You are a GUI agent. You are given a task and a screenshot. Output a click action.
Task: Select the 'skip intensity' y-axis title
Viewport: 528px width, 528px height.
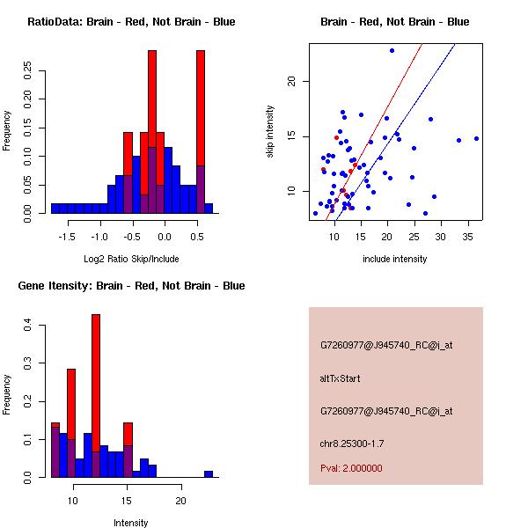click(x=270, y=132)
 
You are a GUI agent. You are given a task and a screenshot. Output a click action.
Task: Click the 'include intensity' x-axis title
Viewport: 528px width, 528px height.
click(x=394, y=259)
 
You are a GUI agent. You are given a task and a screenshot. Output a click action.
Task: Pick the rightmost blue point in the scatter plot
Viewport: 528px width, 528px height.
click(x=476, y=138)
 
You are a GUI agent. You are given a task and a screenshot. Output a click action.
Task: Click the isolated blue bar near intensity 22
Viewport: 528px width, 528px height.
click(x=209, y=473)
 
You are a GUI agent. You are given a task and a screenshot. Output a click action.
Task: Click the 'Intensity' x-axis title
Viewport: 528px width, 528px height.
click(x=131, y=523)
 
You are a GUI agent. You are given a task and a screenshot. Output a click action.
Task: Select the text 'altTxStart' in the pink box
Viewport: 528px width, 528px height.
click(x=341, y=378)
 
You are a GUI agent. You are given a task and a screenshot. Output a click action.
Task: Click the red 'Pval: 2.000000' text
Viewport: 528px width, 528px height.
click(x=351, y=468)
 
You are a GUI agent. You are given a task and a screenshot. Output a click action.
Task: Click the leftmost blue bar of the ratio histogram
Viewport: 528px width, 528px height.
click(x=55, y=209)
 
